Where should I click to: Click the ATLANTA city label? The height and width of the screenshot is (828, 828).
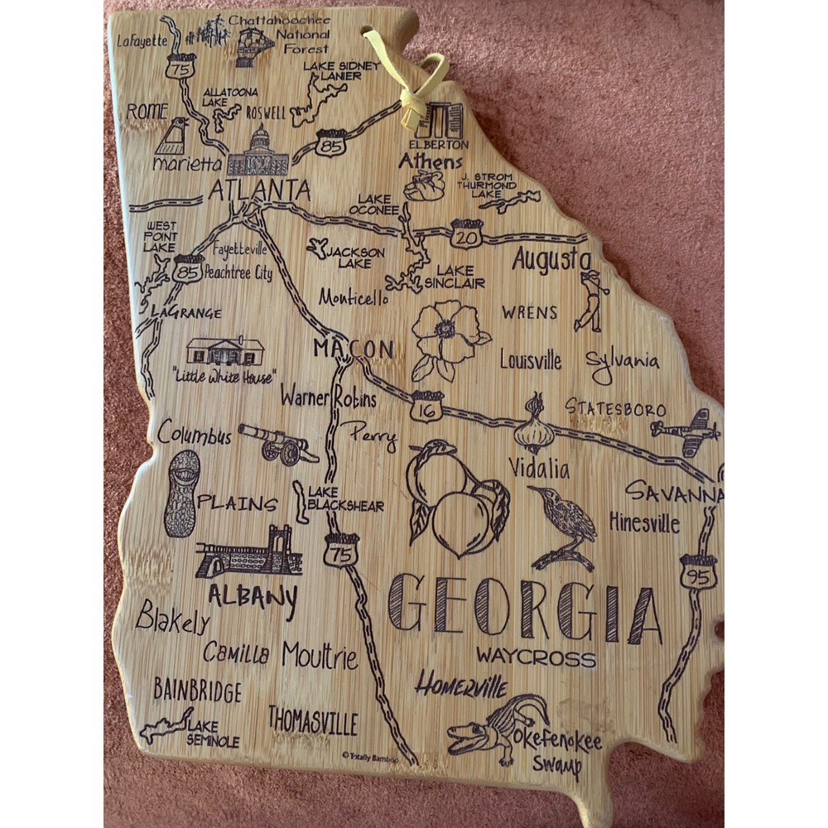click(259, 190)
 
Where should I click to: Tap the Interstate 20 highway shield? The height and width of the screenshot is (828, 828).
click(467, 235)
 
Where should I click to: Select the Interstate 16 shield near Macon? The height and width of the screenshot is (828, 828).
click(426, 407)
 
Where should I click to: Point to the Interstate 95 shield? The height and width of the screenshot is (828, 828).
click(698, 572)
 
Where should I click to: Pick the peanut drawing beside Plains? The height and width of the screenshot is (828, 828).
click(181, 493)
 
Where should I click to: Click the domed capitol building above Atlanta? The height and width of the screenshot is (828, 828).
click(258, 152)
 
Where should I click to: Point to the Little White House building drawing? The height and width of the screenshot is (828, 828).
click(225, 351)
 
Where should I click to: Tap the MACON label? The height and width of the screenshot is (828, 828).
click(353, 349)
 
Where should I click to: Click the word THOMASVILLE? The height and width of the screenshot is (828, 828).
click(313, 720)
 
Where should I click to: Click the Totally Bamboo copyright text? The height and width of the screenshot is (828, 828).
click(369, 755)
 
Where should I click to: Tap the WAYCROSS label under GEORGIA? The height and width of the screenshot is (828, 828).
click(536, 657)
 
